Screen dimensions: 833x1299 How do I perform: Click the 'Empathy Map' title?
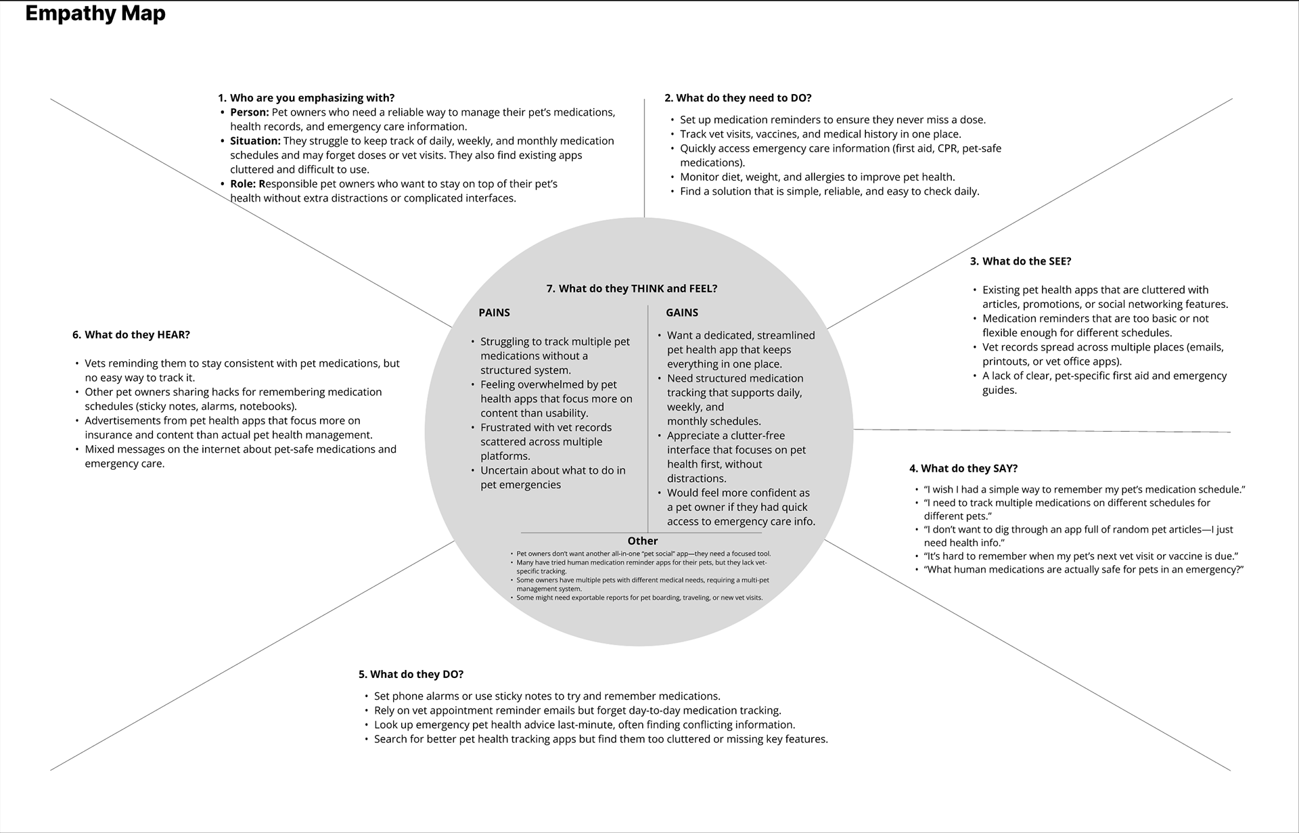(95, 14)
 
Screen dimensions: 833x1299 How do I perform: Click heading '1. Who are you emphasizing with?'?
(306, 98)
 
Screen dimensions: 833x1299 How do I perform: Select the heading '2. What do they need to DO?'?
(737, 98)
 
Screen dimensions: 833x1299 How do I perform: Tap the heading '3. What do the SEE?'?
(1020, 261)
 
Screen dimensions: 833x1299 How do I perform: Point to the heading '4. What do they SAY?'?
(963, 468)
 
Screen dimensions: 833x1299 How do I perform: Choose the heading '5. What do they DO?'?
(411, 674)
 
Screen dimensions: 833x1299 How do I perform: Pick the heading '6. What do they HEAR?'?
(131, 334)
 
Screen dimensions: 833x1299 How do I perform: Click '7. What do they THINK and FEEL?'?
(631, 288)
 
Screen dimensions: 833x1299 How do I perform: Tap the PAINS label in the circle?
(494, 313)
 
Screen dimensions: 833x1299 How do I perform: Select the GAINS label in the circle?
(681, 313)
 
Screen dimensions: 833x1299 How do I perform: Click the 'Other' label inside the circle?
(642, 541)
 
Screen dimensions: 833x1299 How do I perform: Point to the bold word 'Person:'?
(249, 112)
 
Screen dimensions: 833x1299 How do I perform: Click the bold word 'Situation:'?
(254, 141)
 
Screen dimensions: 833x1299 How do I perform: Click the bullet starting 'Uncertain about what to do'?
(552, 477)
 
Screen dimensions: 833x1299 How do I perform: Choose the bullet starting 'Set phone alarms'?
(547, 696)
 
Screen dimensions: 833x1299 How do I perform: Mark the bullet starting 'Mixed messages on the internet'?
(240, 456)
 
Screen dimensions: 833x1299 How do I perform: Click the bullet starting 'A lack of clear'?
(1104, 382)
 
